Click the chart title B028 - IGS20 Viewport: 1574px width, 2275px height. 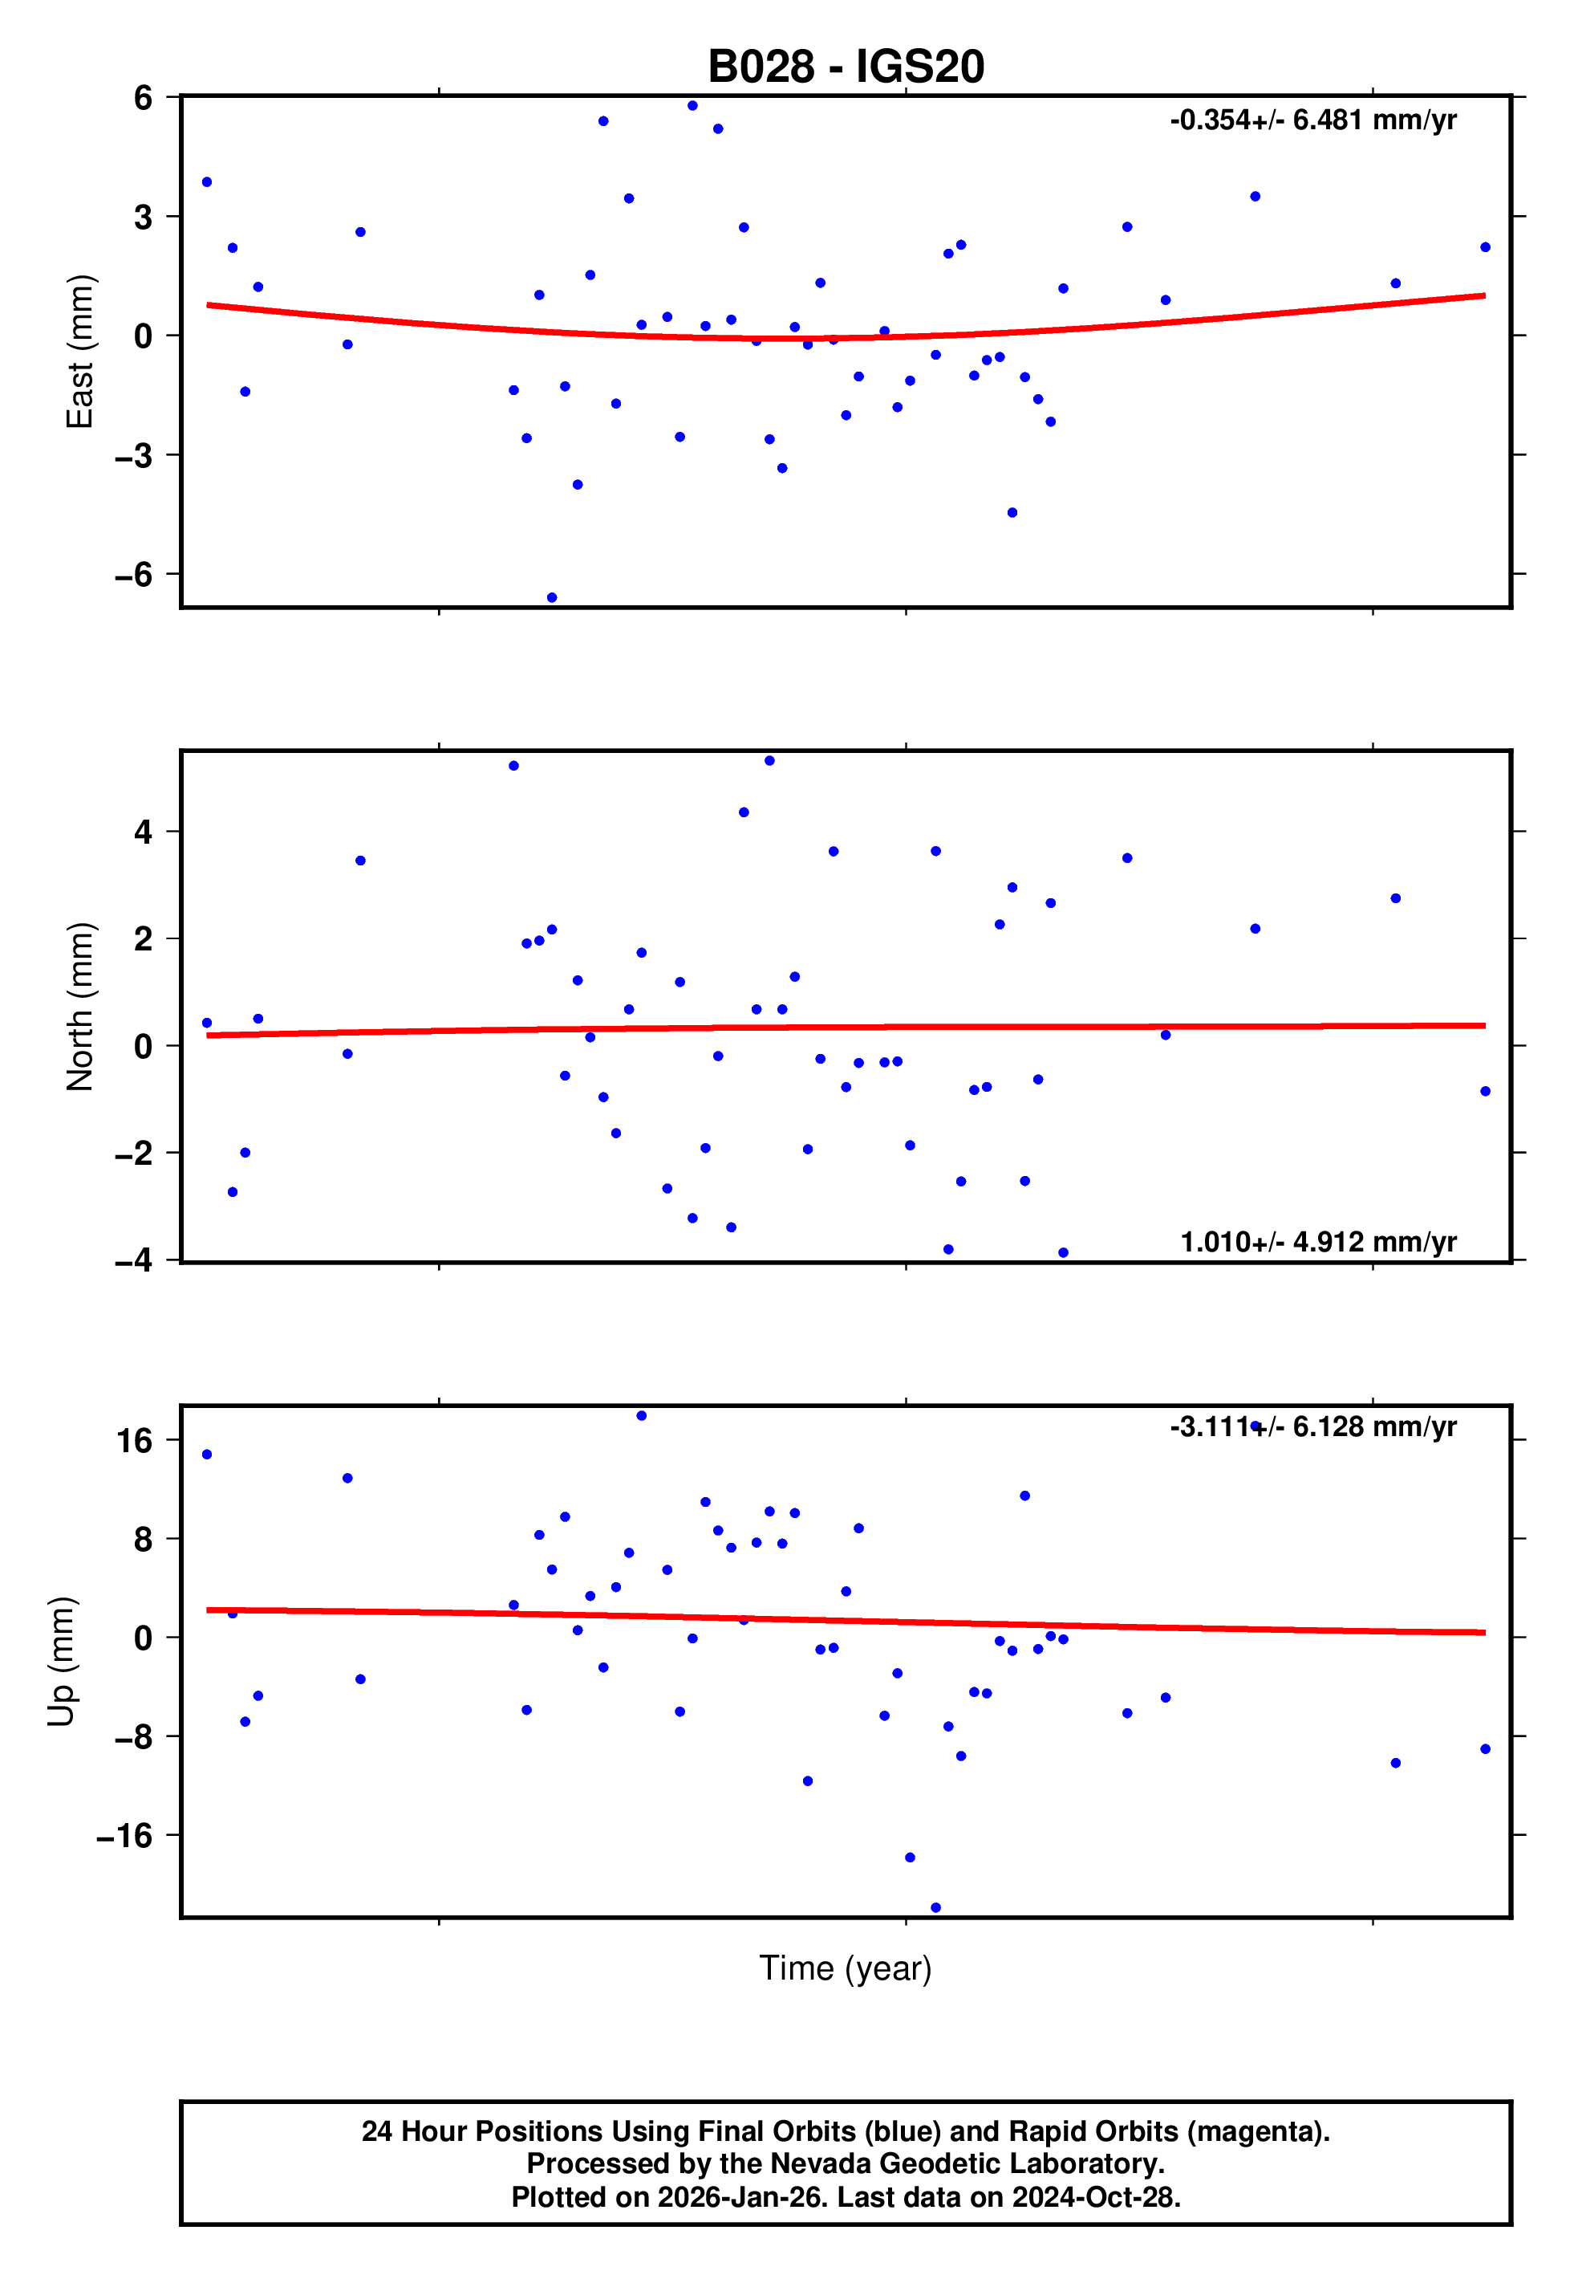point(846,67)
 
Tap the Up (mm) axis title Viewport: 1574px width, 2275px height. point(61,1662)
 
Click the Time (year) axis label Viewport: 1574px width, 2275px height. point(846,1968)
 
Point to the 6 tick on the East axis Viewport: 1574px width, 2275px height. point(144,98)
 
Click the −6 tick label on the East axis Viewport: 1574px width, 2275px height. point(134,575)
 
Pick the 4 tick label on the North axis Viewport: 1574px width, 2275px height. point(144,832)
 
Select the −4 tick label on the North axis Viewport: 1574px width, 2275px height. point(134,1261)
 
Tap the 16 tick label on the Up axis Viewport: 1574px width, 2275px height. point(135,1442)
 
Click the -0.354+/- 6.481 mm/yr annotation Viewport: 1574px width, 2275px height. point(1312,120)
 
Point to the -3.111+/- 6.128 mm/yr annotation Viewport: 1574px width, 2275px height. point(1312,1426)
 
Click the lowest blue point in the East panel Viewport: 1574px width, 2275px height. point(552,598)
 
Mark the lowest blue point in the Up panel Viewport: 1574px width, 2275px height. point(936,1908)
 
